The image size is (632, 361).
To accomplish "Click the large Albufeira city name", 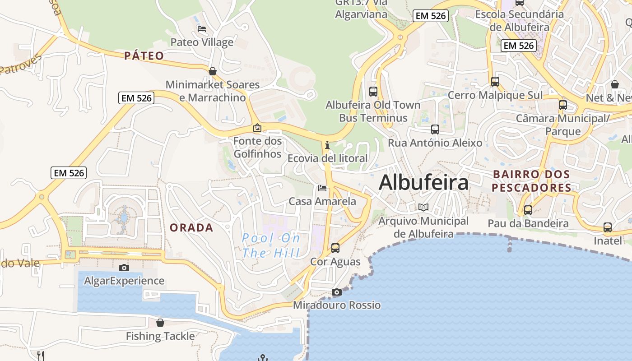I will pyautogui.click(x=423, y=183).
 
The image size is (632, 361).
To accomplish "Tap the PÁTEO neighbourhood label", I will pyautogui.click(x=144, y=56).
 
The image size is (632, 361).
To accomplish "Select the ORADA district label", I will pyautogui.click(x=191, y=227).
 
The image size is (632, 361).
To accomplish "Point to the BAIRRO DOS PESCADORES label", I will pyautogui.click(x=531, y=181).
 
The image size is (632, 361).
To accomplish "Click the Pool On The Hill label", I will pyautogui.click(x=271, y=245).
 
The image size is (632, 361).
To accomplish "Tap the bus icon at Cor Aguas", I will pyautogui.click(x=335, y=248).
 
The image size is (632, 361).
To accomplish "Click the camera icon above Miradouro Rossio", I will pyautogui.click(x=336, y=292).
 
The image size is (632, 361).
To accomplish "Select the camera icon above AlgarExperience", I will pyautogui.click(x=124, y=268).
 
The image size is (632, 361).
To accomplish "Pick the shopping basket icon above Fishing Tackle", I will pyautogui.click(x=160, y=323).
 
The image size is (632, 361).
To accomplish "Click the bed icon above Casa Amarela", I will pyautogui.click(x=322, y=188).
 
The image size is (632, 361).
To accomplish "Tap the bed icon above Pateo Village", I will pyautogui.click(x=202, y=29).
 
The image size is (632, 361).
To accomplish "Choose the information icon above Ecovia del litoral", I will pyautogui.click(x=327, y=145).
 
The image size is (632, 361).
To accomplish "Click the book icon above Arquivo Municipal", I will pyautogui.click(x=423, y=208).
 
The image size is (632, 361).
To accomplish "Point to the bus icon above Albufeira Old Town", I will pyautogui.click(x=373, y=92).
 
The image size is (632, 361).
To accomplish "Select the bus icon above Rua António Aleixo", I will pyautogui.click(x=435, y=130).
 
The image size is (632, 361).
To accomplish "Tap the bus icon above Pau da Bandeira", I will pyautogui.click(x=528, y=210).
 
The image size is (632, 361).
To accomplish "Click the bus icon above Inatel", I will pyautogui.click(x=607, y=227).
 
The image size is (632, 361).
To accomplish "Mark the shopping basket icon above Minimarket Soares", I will pyautogui.click(x=213, y=71).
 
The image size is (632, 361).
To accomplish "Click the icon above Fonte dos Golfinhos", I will pyautogui.click(x=257, y=128).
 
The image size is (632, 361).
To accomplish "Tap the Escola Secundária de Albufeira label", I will pyautogui.click(x=520, y=20).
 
